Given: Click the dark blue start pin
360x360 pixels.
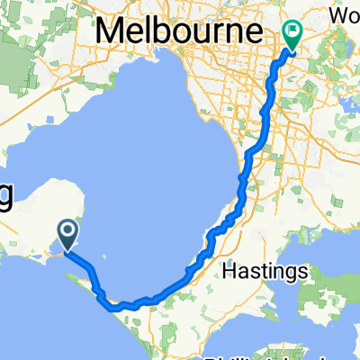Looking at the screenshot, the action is click(68, 237).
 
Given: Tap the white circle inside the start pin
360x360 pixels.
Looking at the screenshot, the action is click(68, 233).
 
